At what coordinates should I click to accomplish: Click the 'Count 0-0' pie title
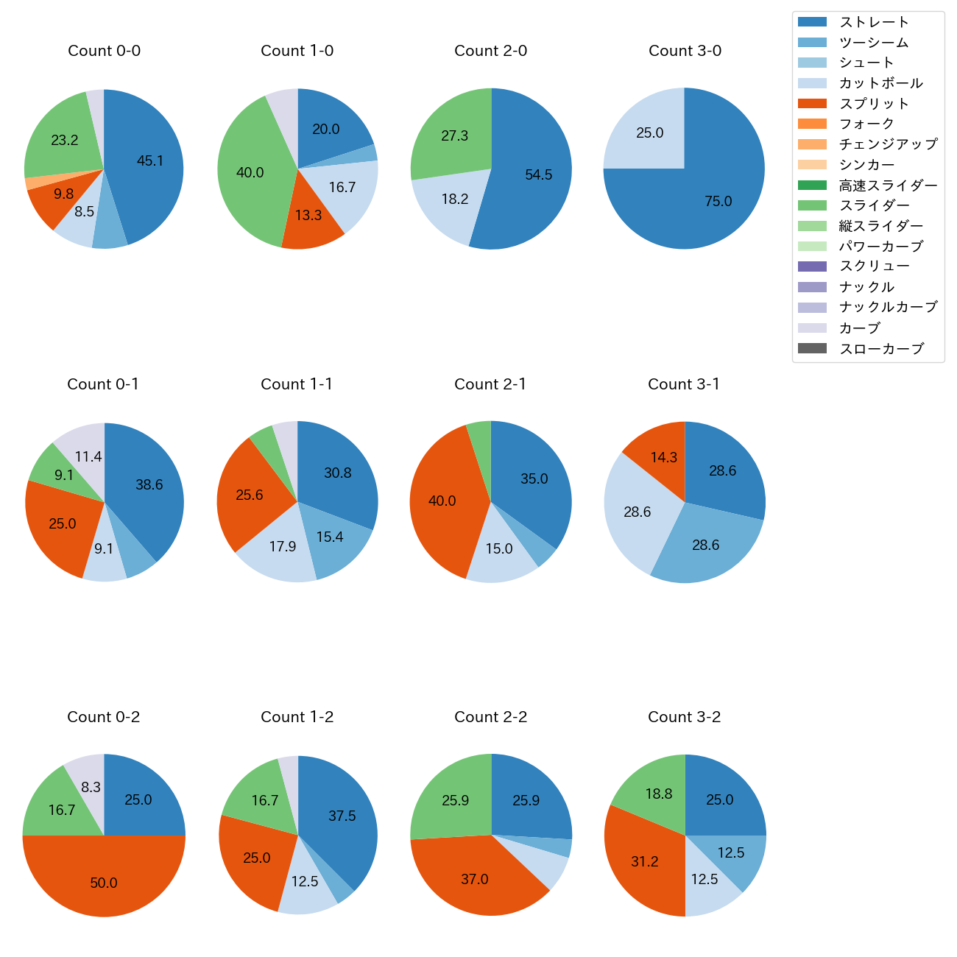[x=104, y=51]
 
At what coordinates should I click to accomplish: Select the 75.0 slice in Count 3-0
[x=707, y=199]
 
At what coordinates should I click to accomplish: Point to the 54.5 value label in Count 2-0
[x=538, y=175]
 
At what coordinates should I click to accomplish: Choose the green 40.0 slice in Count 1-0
[x=250, y=173]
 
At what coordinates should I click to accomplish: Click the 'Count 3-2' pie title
[x=684, y=717]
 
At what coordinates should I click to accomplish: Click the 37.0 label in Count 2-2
[x=475, y=880]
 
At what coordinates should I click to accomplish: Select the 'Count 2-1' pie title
[x=490, y=384]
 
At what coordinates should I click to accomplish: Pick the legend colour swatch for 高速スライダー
[x=812, y=186]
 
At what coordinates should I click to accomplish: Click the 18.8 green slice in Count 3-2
[x=655, y=791]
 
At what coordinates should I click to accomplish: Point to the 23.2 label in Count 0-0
[x=65, y=140]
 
